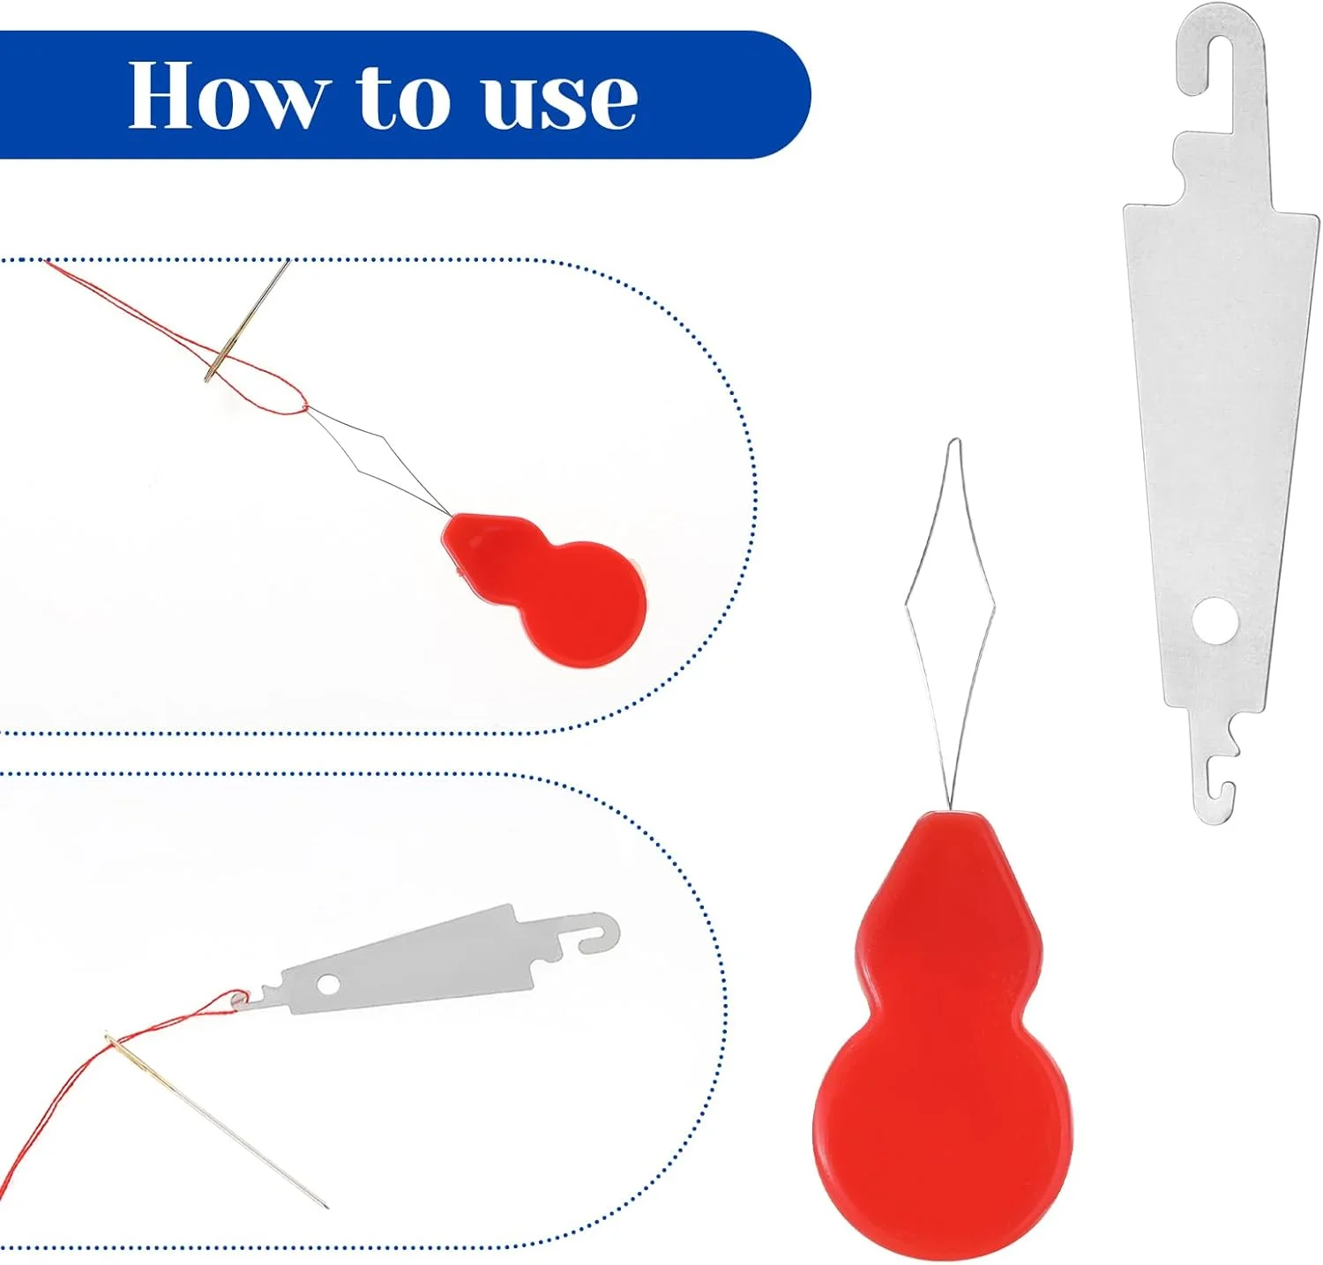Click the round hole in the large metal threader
1214,619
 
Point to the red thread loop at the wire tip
265,388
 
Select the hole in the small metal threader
329,983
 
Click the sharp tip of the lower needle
326,1207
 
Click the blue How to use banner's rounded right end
776,95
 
